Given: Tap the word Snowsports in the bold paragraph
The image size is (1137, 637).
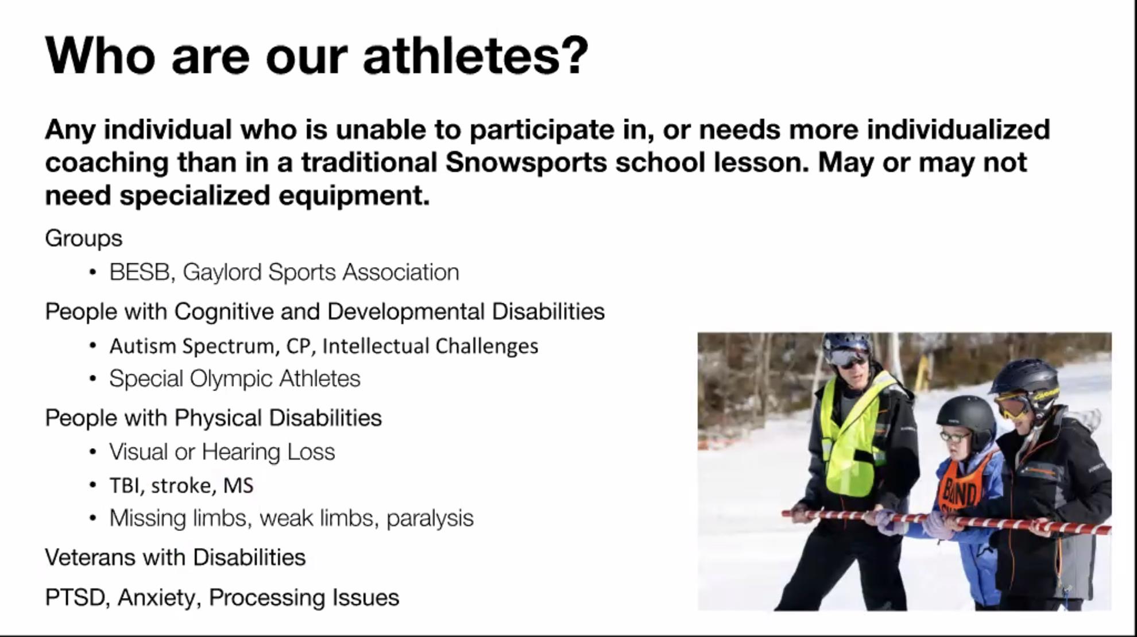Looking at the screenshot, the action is (x=526, y=162).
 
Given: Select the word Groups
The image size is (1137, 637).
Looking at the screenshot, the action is (x=84, y=238).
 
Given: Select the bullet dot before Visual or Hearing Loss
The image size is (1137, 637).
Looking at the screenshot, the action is (x=93, y=452).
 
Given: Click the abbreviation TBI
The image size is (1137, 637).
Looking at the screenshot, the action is (x=124, y=486).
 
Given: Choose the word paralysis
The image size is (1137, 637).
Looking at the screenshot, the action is (x=430, y=519).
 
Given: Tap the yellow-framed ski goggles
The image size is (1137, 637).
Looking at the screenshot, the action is (x=1014, y=405).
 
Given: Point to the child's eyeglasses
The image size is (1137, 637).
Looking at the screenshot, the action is (x=954, y=437).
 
